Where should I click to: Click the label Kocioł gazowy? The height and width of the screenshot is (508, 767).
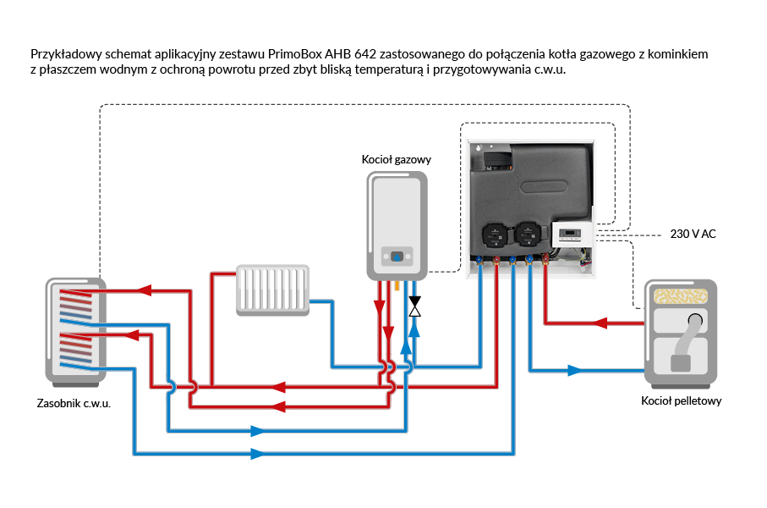(397, 159)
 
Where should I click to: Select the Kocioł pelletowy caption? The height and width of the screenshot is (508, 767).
(681, 400)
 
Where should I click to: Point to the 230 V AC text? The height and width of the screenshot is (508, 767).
(693, 234)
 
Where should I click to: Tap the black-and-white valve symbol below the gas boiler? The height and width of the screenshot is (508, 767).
(414, 306)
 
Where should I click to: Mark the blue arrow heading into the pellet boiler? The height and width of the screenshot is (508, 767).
(574, 370)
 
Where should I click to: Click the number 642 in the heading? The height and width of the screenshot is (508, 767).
(350, 54)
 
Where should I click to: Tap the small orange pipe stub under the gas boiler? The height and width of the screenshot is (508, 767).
(397, 286)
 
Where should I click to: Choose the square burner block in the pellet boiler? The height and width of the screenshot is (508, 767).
(681, 363)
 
